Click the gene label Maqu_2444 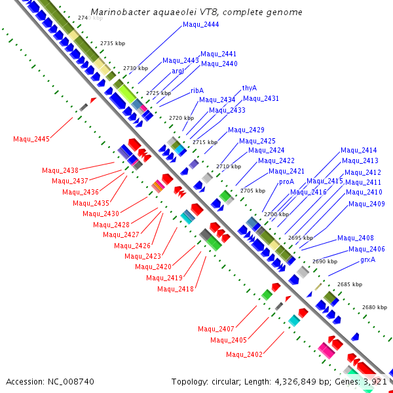[200, 24]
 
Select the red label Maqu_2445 [31, 139]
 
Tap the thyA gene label [249, 87]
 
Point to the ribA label [197, 90]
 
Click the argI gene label [178, 71]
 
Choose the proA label [286, 181]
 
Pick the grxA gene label [368, 259]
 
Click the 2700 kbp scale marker [276, 214]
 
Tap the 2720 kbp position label [181, 118]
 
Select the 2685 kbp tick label [349, 284]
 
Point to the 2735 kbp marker [112, 43]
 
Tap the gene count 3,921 [375, 381]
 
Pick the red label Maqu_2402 [244, 354]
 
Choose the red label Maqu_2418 [176, 289]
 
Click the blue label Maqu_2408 [356, 238]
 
